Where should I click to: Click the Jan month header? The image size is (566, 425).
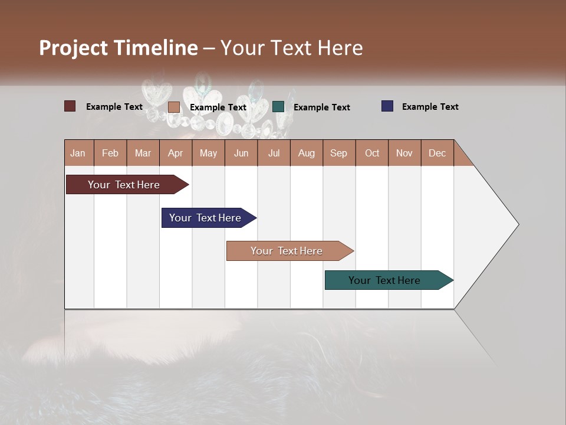tap(78, 153)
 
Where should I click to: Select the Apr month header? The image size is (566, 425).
tap(176, 153)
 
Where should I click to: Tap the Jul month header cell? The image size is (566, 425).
tap(274, 153)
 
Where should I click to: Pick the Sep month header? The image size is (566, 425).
tap(339, 153)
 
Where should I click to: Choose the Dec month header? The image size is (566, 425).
tap(437, 153)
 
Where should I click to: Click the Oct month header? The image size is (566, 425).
tap(372, 153)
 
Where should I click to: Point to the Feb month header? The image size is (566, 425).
tap(110, 153)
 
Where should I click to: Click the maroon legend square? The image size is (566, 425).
tap(70, 106)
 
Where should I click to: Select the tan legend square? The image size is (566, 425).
tap(173, 107)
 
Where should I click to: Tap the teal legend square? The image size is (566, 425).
tap(278, 107)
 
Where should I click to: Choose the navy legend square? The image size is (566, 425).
tap(387, 106)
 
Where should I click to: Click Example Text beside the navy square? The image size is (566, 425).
tap(430, 107)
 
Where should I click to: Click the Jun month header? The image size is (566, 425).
tap(241, 153)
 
